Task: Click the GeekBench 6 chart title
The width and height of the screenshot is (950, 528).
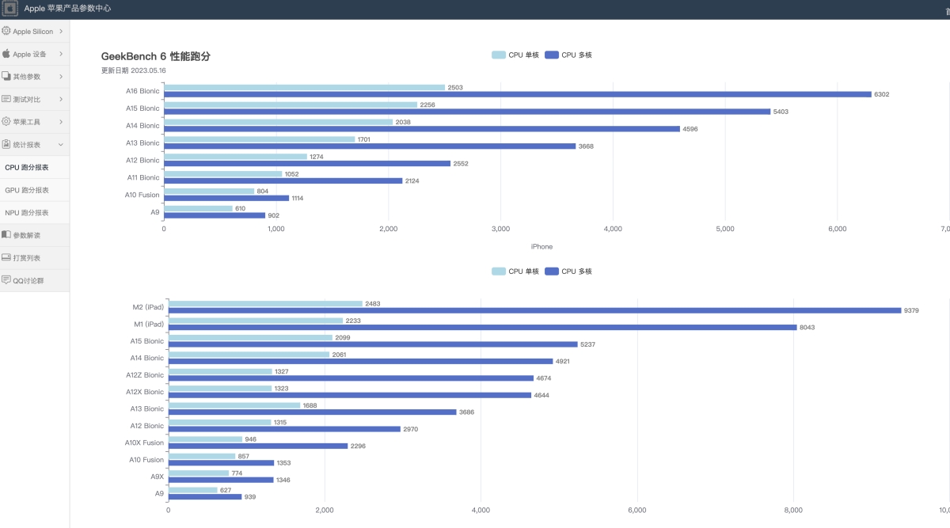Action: pyautogui.click(x=156, y=56)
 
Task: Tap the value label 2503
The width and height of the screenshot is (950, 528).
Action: pyautogui.click(x=455, y=87)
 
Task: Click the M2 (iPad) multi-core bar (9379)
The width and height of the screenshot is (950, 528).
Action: pyautogui.click(x=535, y=310)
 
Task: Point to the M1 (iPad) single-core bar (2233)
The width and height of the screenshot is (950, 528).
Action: pyautogui.click(x=256, y=321)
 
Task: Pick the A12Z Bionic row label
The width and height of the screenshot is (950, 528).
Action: pyautogui.click(x=145, y=375)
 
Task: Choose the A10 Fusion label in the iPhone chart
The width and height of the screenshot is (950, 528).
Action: pyautogui.click(x=142, y=195)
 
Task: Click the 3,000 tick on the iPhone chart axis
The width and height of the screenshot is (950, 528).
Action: pyautogui.click(x=500, y=229)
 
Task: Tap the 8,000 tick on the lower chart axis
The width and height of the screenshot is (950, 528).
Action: pyautogui.click(x=793, y=510)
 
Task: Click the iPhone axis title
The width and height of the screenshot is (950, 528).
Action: pyautogui.click(x=541, y=246)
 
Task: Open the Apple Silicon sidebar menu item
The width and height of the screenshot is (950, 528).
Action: pyautogui.click(x=33, y=32)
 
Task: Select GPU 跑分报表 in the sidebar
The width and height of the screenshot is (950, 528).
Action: pyautogui.click(x=27, y=190)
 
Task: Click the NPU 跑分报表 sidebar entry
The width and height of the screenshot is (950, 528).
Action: pyautogui.click(x=27, y=213)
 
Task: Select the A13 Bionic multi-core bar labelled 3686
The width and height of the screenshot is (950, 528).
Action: pyautogui.click(x=313, y=412)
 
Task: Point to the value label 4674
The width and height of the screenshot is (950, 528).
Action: pyautogui.click(x=544, y=378)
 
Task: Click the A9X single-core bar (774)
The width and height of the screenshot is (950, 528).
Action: pyautogui.click(x=199, y=473)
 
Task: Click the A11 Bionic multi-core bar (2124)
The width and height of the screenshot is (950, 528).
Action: pyautogui.click(x=283, y=180)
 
